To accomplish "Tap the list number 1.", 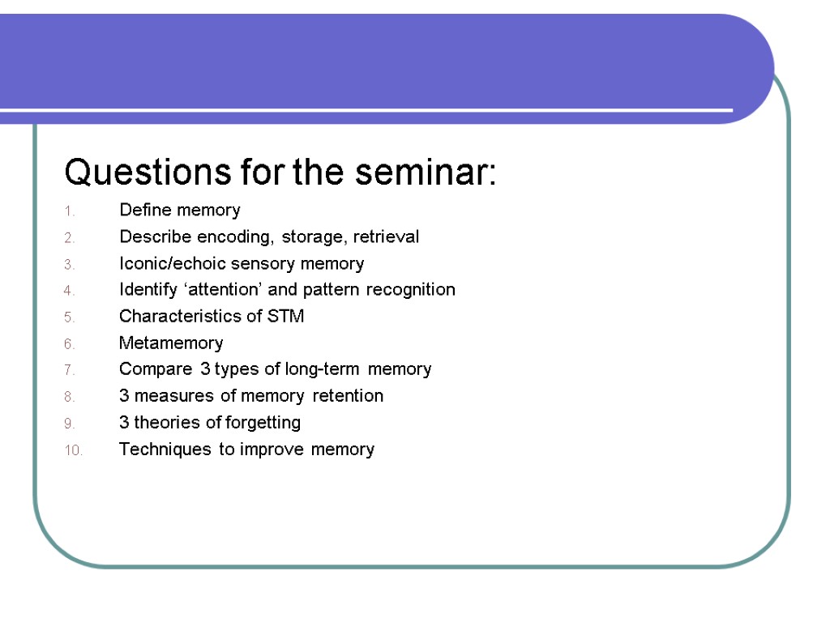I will [x=70, y=211].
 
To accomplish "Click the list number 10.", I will [x=73, y=450].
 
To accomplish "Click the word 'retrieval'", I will [x=386, y=237].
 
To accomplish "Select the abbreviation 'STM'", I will [x=285, y=317].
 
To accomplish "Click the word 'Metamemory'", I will [x=171, y=343].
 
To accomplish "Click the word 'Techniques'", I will [x=165, y=449].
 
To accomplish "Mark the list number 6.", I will [x=70, y=344].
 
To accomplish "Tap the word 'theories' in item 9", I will [x=167, y=423].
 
